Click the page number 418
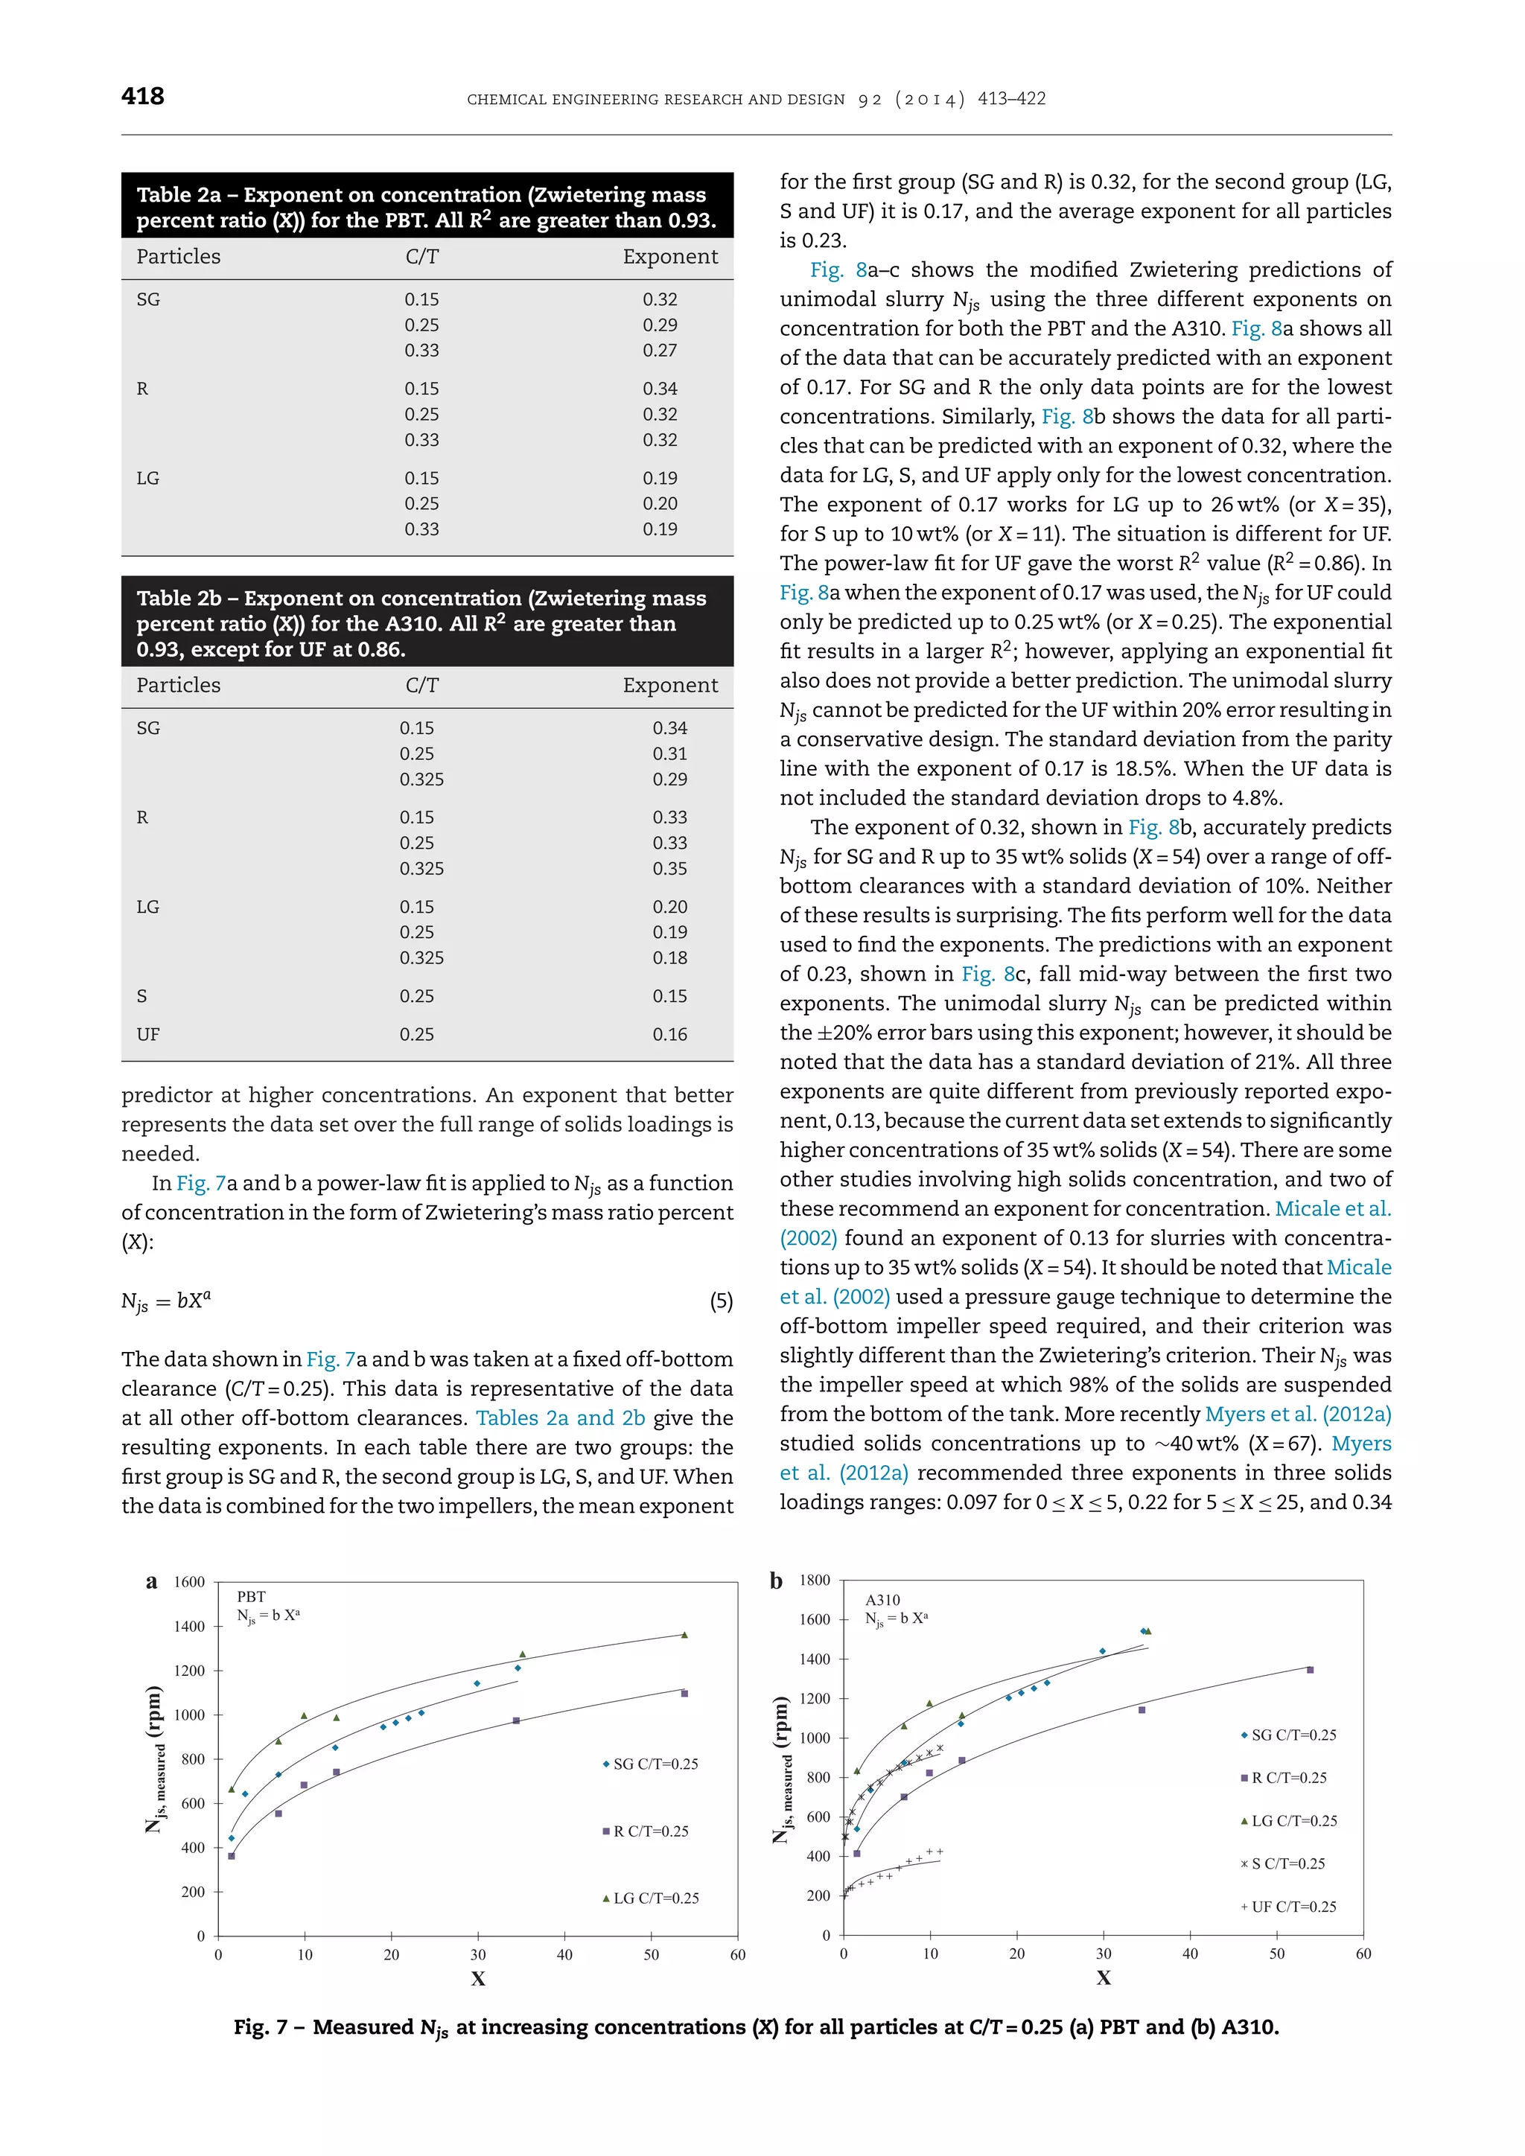point(143,96)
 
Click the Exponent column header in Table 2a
point(669,256)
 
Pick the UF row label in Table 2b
point(147,1034)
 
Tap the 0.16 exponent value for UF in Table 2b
point(669,1034)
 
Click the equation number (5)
point(720,1301)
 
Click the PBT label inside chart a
point(251,1596)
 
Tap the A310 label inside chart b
point(882,1599)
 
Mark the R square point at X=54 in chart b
point(1310,1670)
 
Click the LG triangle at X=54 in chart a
point(684,1635)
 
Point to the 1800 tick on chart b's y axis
point(814,1581)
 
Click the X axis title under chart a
point(478,1979)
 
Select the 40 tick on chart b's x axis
point(1190,1954)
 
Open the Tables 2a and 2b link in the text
point(560,1418)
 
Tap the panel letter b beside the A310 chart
point(776,1581)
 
